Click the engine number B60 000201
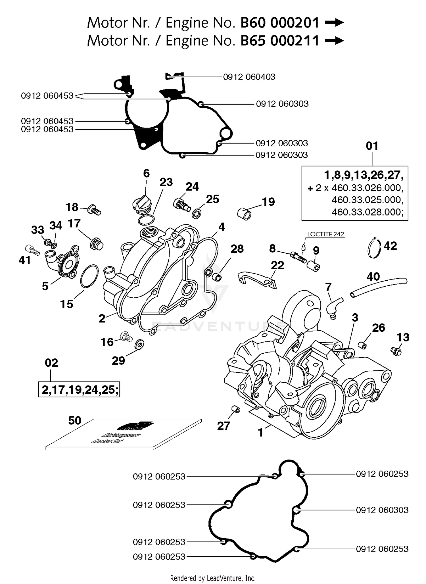pyautogui.click(x=280, y=23)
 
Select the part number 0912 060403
pyautogui.click(x=249, y=77)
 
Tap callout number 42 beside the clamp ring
pyautogui.click(x=390, y=246)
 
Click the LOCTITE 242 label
pyautogui.click(x=325, y=234)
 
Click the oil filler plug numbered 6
pyautogui.click(x=142, y=204)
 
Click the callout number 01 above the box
pyautogui.click(x=372, y=146)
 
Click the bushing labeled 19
pyautogui.click(x=244, y=214)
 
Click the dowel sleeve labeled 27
pyautogui.click(x=236, y=410)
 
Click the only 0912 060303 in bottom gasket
pyautogui.click(x=382, y=510)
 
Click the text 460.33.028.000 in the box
pyautogui.click(x=367, y=212)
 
